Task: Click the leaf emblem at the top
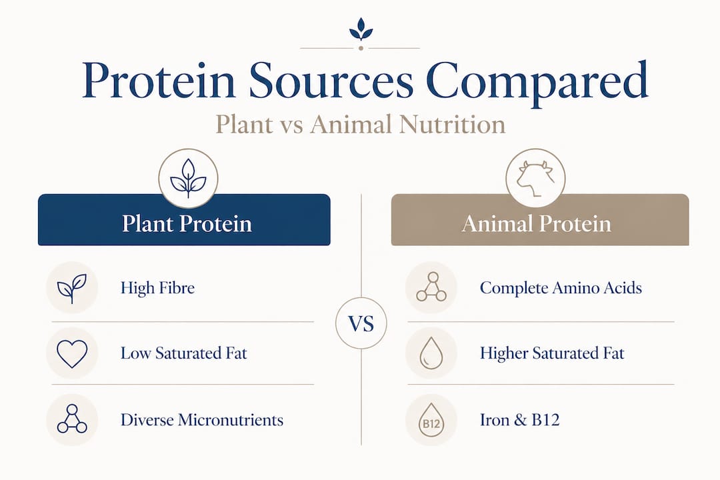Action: (x=360, y=31)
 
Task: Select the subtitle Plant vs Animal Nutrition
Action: (x=360, y=125)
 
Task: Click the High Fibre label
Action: (x=157, y=288)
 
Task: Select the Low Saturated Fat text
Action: (x=183, y=353)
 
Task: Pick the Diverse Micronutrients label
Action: (x=201, y=420)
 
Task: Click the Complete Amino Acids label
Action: (x=561, y=288)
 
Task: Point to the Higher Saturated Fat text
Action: (x=552, y=353)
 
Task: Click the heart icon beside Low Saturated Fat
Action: (x=72, y=353)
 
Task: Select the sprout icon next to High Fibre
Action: (x=72, y=288)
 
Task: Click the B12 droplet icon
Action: (x=431, y=421)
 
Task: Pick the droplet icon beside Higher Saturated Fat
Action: (x=431, y=353)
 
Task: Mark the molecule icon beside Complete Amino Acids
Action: (x=431, y=288)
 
